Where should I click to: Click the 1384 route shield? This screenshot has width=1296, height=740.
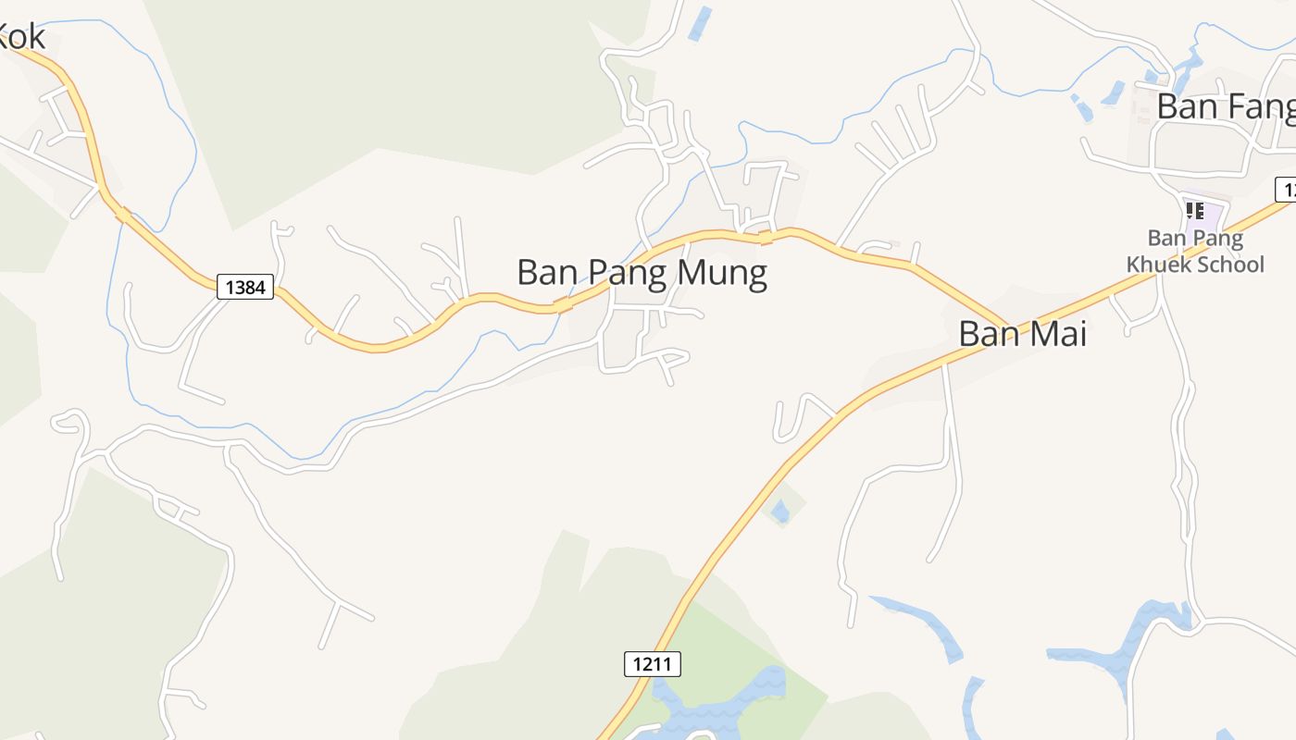[245, 287]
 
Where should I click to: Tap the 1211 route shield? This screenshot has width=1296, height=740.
[653, 663]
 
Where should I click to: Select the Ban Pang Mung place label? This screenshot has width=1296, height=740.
[642, 273]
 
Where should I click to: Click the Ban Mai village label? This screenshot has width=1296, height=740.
[1022, 334]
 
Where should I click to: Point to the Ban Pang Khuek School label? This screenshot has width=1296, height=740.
[1195, 252]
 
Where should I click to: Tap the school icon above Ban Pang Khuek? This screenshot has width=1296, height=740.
[1195, 211]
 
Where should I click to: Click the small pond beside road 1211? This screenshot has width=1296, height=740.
[780, 510]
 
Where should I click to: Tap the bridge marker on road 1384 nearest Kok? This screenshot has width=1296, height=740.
[123, 215]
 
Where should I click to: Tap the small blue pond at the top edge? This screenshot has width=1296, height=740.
[701, 23]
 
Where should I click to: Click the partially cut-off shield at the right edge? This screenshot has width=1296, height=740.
[1286, 189]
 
